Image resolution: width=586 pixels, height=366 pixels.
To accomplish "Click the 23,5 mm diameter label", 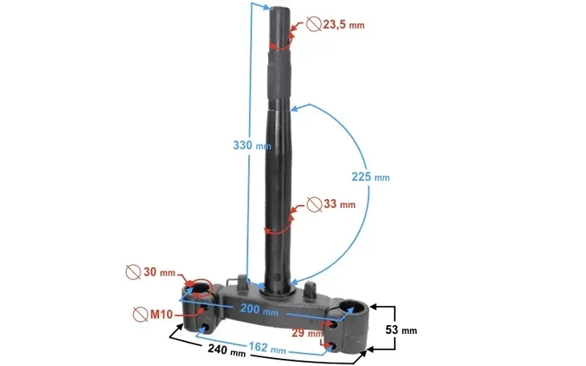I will [343, 25].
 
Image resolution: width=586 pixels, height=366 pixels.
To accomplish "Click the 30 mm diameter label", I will [160, 273].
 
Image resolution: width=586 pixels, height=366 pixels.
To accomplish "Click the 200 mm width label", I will [258, 310].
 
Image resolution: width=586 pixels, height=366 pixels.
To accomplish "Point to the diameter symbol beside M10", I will [140, 311].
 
